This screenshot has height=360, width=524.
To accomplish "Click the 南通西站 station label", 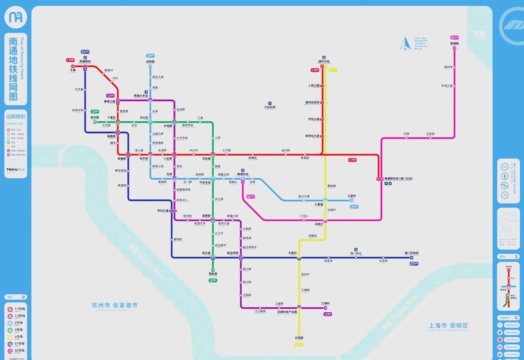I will (x=85, y=62).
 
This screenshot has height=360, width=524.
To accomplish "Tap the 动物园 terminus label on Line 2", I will (x=150, y=62).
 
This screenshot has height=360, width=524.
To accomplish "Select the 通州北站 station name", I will (x=324, y=62).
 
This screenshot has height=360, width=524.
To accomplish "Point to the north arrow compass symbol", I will (x=405, y=44).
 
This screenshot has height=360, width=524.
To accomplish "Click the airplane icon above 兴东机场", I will (x=270, y=103).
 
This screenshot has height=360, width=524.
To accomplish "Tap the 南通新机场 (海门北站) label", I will (x=398, y=179).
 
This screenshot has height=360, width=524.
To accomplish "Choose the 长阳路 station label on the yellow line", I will (x=299, y=338).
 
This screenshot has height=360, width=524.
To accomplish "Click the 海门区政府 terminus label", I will (x=411, y=253).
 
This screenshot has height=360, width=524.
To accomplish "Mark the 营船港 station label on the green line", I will (x=213, y=274).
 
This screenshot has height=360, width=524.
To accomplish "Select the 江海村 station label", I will (x=325, y=303).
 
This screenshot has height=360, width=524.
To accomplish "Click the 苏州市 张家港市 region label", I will (x=114, y=305).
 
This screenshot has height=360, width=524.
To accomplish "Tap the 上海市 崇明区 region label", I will (x=448, y=325).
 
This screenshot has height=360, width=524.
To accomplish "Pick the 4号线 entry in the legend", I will (x=19, y=337).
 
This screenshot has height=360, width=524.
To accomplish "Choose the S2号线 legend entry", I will (x=19, y=351).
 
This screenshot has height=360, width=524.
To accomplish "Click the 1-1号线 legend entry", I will (x=19, y=309).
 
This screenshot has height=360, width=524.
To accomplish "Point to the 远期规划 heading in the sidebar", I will (x=16, y=116).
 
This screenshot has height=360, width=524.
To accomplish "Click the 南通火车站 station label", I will (x=141, y=96).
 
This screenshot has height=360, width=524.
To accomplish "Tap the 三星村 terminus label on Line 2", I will (x=351, y=196).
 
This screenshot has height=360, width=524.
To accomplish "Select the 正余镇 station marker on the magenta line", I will (x=430, y=138).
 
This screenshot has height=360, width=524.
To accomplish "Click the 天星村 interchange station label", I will (x=292, y=253).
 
